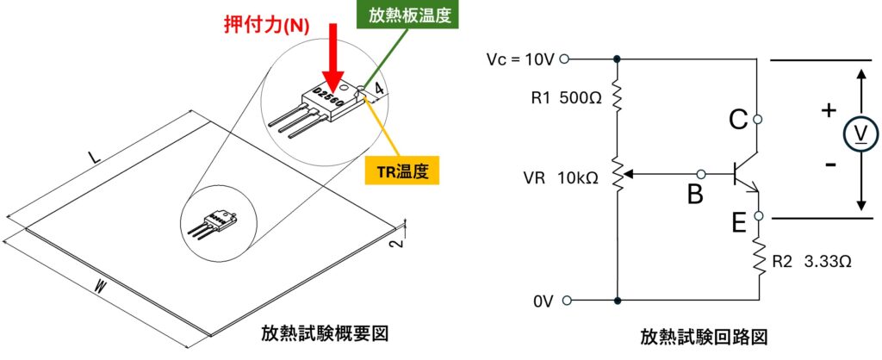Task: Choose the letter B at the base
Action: pyautogui.click(x=694, y=196)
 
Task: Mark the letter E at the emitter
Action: pyautogui.click(x=739, y=223)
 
